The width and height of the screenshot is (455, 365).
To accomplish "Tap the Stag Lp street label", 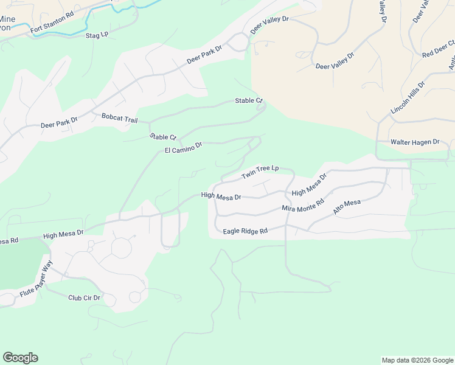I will pos(97,35).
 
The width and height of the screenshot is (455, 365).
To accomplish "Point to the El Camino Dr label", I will pos(183,148).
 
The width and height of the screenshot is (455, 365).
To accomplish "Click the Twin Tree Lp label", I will pos(260,172).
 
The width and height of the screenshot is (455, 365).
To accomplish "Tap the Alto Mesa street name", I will pos(347,207).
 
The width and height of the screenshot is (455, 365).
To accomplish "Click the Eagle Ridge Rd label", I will pos(245,231).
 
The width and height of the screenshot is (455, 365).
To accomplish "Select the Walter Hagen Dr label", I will pos(414,142).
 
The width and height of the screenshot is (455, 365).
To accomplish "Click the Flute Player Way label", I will pos(36,279).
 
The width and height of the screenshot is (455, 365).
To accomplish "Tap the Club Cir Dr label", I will pos(84,298).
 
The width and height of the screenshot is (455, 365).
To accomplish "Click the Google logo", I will pos(20,358).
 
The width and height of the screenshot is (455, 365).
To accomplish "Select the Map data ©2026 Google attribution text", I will pos(417,360).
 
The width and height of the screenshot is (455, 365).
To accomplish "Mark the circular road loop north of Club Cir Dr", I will pos(122,248).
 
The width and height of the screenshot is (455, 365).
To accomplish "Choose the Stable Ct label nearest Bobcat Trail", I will pos(163,137).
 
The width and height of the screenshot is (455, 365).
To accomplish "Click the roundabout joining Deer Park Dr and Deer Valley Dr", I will pos(240,42).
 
